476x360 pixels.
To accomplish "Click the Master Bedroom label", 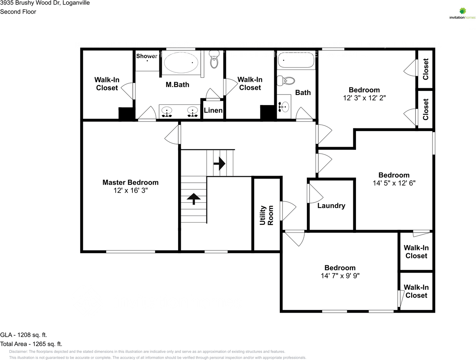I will [x=130, y=182].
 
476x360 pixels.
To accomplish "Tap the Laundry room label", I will [x=331, y=206].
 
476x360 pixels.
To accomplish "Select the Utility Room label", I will [x=267, y=215].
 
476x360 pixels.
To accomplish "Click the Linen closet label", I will [x=213, y=110].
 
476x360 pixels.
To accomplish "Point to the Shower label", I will [x=147, y=56].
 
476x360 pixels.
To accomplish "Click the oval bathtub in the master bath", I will [x=182, y=62].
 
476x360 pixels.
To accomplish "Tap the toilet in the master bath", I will [x=214, y=60].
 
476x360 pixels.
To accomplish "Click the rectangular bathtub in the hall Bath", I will [x=296, y=60].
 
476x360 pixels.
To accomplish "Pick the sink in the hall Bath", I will [x=284, y=107].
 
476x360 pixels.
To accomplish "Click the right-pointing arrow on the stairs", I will [x=219, y=163].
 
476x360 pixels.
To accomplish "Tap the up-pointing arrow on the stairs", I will [x=194, y=198].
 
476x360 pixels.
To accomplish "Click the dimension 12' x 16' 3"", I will [x=131, y=191].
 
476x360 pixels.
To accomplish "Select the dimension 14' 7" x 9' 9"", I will [x=340, y=276].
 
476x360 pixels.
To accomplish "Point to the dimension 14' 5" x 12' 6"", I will [x=394, y=183].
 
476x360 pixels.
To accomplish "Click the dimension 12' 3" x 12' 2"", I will [x=364, y=98].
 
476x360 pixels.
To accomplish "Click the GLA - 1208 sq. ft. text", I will [x=24, y=335].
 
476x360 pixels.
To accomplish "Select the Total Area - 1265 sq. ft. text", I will [x=31, y=344].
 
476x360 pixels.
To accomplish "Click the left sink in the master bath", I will [x=167, y=111].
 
